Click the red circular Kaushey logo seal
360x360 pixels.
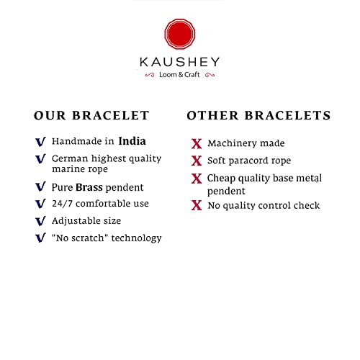point(180,34)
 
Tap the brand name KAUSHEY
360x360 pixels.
point(179,62)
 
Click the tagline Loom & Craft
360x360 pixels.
point(179,75)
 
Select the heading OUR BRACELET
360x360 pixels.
point(91,115)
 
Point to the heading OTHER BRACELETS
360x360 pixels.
point(258,115)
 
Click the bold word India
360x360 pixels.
point(132,141)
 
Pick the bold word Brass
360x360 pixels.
point(89,187)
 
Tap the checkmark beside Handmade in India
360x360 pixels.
point(40,142)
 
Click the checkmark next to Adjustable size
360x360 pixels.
point(40,221)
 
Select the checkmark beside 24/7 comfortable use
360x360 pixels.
point(40,204)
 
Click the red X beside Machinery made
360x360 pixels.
point(197,144)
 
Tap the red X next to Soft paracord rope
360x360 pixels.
point(197,161)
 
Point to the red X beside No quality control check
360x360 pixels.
point(197,205)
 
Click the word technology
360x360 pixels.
point(136,238)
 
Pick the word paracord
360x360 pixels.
point(248,161)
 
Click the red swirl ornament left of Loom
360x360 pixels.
point(150,75)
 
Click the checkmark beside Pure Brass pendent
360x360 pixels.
point(40,186)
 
